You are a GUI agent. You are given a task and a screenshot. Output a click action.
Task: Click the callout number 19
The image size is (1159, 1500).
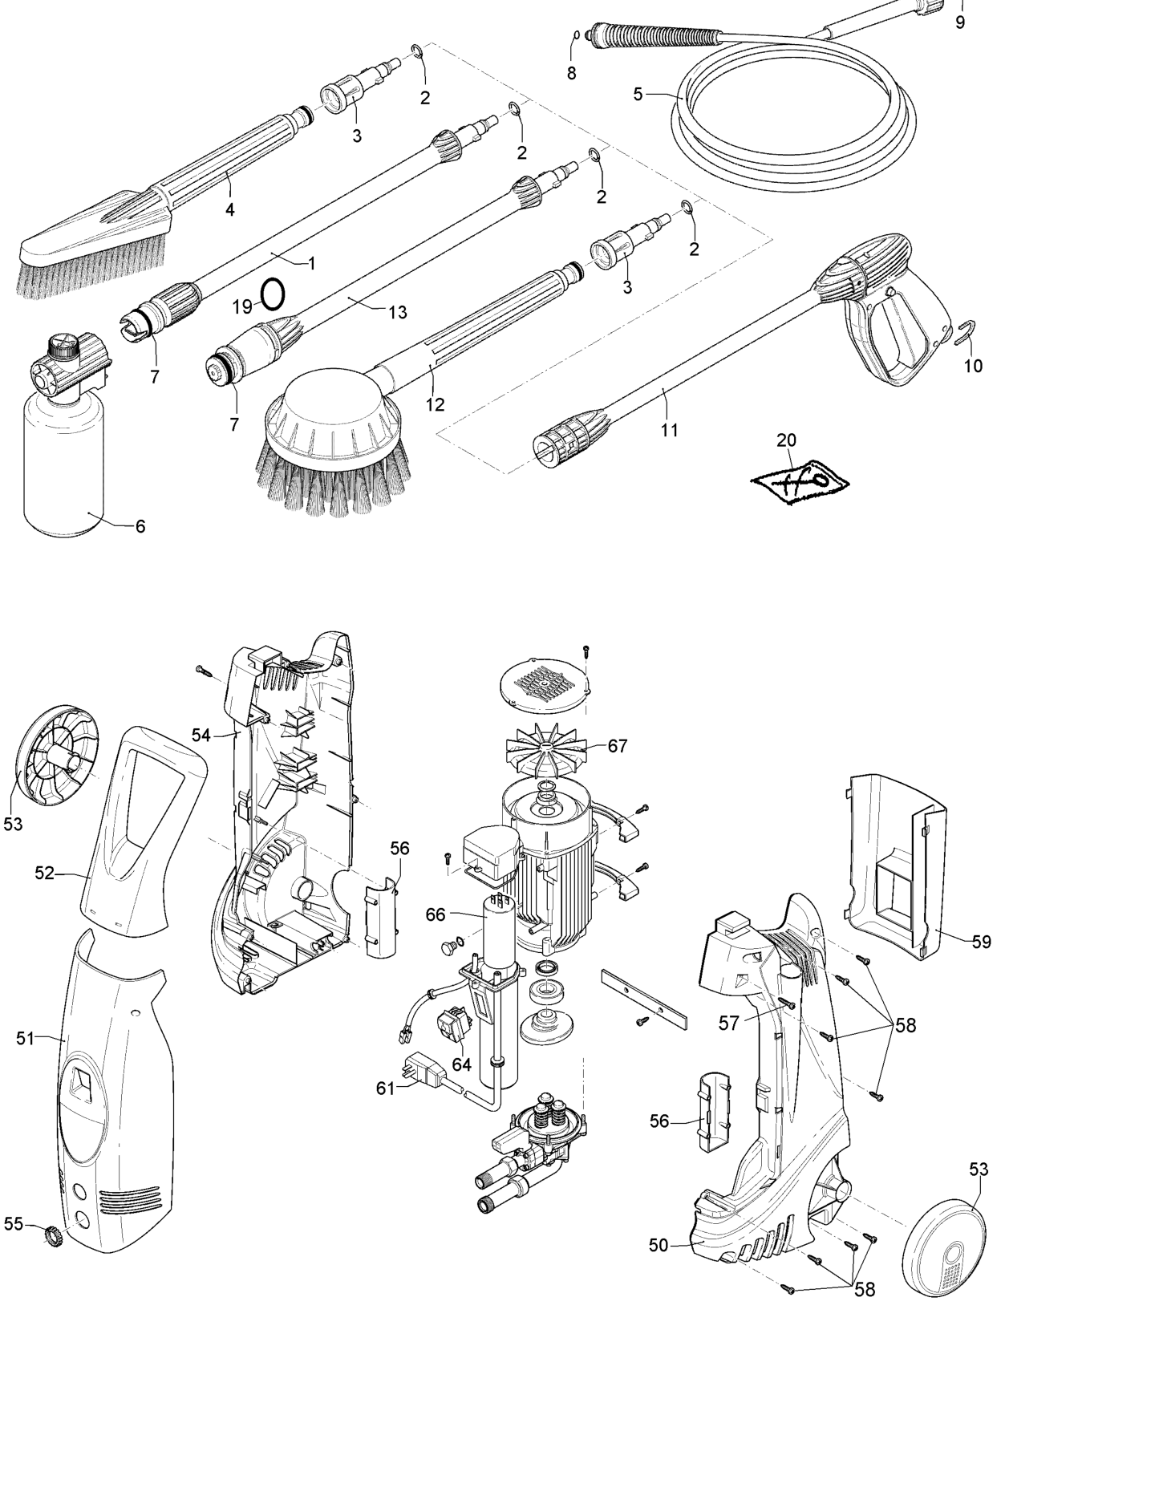tap(241, 306)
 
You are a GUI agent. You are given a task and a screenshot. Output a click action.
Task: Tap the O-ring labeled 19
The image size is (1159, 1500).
tap(273, 294)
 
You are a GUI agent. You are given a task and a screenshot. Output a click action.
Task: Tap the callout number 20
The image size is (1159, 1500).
tap(786, 440)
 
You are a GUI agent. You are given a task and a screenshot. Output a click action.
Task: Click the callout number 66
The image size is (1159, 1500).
tap(435, 914)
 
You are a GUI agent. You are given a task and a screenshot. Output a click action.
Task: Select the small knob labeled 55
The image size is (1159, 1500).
tap(52, 1235)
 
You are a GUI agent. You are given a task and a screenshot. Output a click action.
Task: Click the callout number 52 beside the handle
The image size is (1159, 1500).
tap(44, 873)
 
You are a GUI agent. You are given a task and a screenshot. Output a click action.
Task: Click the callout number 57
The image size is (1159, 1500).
tap(728, 1024)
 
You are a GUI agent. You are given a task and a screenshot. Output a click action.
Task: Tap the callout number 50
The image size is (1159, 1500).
tap(658, 1245)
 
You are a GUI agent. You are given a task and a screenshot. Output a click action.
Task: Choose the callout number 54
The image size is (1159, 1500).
tap(201, 735)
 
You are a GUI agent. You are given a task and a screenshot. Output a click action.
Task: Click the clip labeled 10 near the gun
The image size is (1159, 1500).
tap(967, 332)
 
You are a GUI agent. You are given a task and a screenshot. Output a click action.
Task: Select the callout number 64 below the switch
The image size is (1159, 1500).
tap(461, 1064)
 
